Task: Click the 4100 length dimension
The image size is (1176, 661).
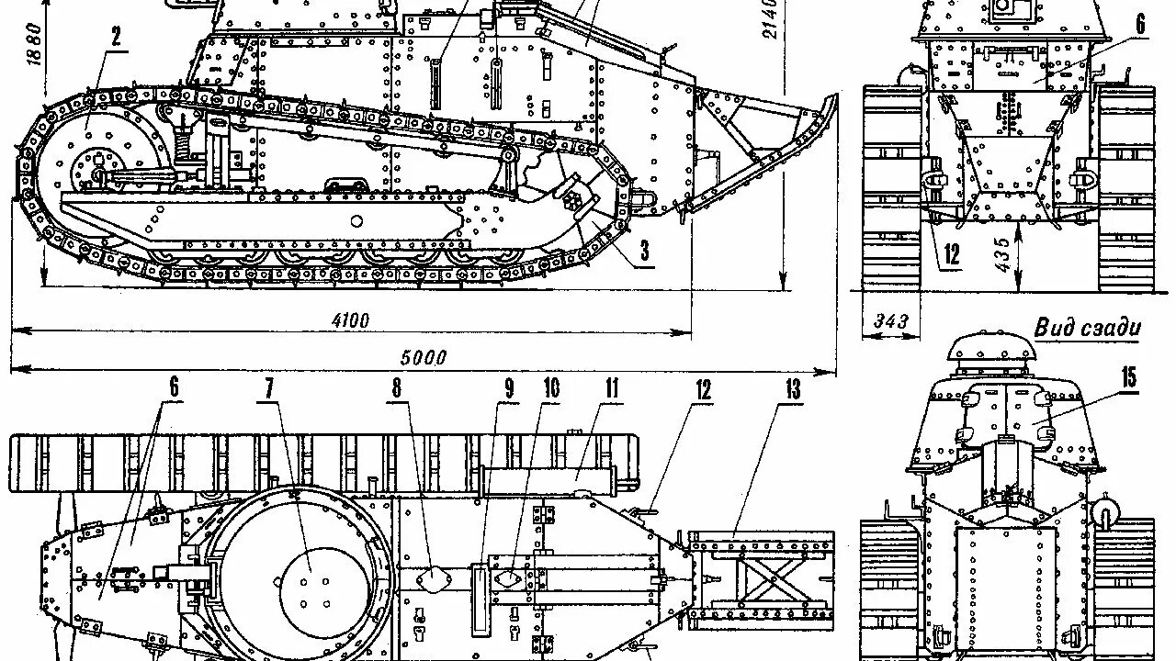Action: tap(350, 320)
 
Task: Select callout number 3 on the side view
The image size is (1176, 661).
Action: tap(645, 249)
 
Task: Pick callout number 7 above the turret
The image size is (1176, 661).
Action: tap(270, 388)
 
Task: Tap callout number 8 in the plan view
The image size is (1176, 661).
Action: tap(397, 388)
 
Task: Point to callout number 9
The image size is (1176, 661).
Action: tap(507, 388)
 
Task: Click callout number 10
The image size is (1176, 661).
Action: tap(550, 388)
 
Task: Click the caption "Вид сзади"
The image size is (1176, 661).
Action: tap(1087, 328)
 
